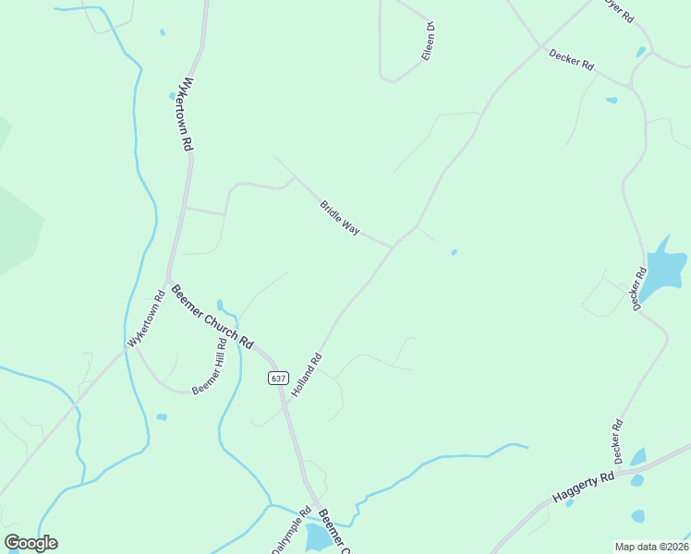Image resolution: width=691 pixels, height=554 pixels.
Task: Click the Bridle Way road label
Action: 339,217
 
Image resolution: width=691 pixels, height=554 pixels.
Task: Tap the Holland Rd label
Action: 307,375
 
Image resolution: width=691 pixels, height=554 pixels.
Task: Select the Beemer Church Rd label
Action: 212,315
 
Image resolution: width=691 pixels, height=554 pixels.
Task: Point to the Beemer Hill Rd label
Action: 209,367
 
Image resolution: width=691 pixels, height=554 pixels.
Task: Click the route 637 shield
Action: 278,378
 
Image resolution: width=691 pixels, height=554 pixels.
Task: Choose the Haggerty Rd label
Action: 584,487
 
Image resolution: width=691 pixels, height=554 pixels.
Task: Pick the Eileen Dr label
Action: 429,42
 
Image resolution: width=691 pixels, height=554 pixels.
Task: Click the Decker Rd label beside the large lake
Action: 638,289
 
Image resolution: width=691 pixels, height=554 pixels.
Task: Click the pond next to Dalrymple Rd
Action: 316,536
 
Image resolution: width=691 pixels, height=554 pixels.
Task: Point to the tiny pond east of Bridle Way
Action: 454,251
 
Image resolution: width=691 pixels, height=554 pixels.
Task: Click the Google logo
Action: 31,543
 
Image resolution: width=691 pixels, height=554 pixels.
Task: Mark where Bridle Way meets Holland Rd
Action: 394,247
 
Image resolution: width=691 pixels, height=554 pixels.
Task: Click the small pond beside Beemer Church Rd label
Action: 220,305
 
